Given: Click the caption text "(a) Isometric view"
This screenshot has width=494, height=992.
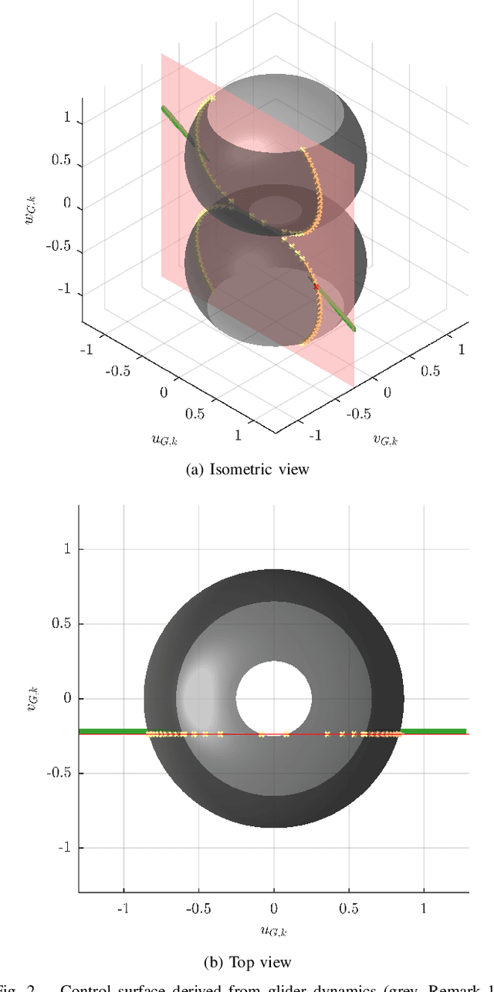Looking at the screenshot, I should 247,469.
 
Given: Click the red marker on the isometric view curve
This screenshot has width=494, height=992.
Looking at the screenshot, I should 316,286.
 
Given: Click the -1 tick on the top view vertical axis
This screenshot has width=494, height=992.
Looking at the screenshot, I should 65,848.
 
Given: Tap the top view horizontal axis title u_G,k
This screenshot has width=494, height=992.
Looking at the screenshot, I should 273,931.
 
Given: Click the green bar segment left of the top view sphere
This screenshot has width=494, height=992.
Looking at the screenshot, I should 111,731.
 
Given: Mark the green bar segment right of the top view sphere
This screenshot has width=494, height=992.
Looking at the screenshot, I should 435,731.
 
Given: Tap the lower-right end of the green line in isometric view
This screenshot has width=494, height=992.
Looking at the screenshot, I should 353,327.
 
